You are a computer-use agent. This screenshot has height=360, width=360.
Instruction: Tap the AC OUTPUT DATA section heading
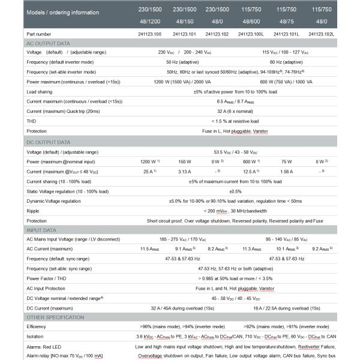pyautogui.click(x=48, y=44)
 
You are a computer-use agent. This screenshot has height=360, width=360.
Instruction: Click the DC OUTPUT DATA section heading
pyautogui.click(x=48, y=142)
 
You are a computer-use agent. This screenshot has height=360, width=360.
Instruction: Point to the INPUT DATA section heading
pyautogui.click(x=42, y=230)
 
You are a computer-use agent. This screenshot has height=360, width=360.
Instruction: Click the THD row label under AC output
pyautogui.click(x=32, y=121)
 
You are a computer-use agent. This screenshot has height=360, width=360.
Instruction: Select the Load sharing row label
pyautogui.click(x=41, y=92)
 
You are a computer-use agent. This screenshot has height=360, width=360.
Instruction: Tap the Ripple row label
pyautogui.click(x=34, y=211)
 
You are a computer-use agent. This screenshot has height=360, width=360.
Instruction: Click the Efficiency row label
pyautogui.click(x=37, y=326)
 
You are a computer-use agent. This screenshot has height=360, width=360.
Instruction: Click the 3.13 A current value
pyautogui.click(x=185, y=171)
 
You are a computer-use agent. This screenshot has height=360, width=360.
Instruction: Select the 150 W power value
pyautogui.click(x=185, y=161)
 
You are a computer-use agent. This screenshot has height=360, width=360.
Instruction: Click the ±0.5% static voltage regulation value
pyautogui.click(x=235, y=191)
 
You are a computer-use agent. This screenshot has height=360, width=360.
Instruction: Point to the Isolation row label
pyautogui.click(x=36, y=337)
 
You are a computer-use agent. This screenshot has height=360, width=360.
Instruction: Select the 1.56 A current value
pyautogui.click(x=286, y=171)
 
